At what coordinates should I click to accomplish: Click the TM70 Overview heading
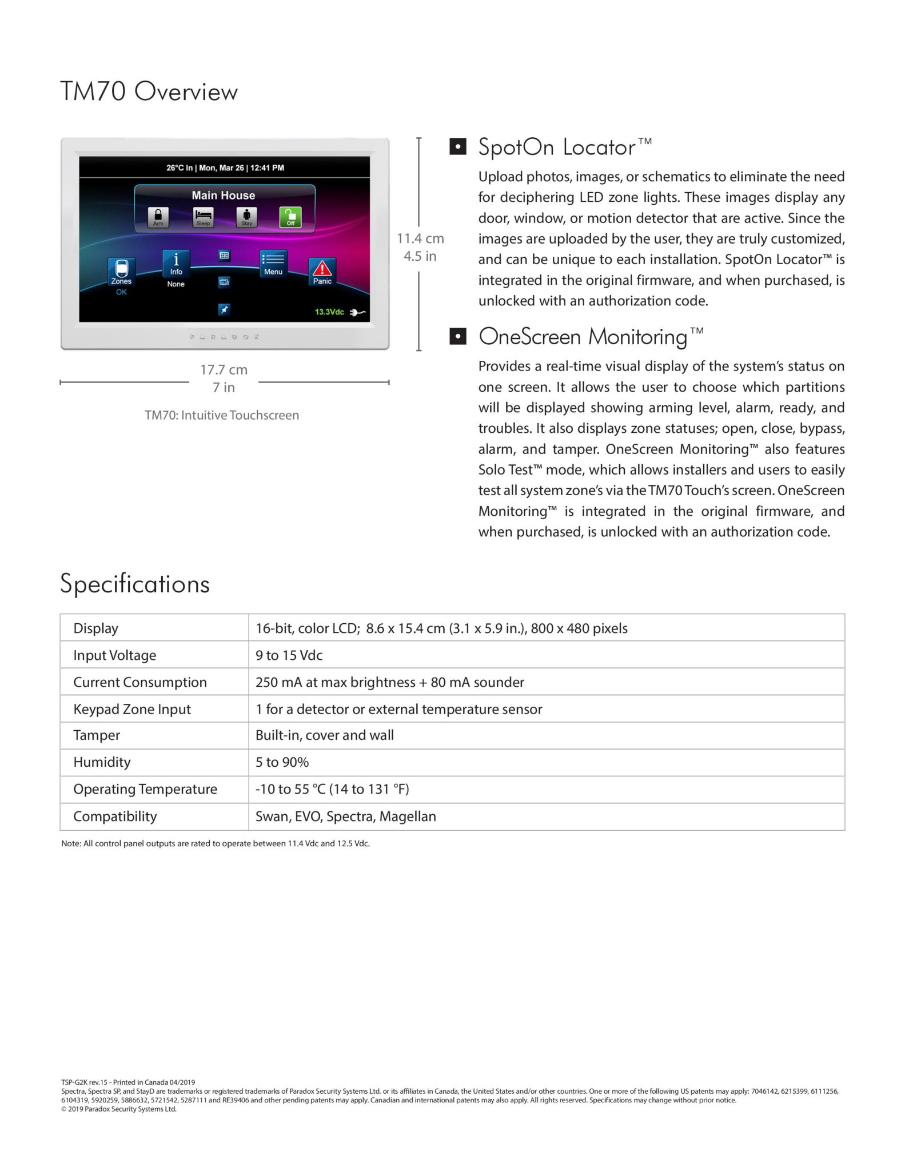149,91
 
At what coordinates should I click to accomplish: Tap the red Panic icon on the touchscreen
322,269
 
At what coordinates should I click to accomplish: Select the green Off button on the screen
290,217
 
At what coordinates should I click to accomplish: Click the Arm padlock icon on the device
158,217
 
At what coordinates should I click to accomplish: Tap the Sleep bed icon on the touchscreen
203,217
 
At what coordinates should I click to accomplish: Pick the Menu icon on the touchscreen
273,262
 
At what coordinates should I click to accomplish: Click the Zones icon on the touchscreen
121,270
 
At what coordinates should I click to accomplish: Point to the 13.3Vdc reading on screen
329,312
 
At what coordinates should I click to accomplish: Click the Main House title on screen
224,196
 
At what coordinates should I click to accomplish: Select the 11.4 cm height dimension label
420,238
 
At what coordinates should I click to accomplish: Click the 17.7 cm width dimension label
224,370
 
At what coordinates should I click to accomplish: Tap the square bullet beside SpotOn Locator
457,147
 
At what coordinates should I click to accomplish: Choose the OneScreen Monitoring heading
583,337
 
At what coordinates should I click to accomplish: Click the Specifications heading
135,584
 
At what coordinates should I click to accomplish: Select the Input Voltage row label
114,655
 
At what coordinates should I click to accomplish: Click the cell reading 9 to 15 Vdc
289,655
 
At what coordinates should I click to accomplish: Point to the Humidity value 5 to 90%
282,762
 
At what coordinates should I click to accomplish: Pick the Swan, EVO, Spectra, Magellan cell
345,816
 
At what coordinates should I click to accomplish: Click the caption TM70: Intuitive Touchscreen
222,415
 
